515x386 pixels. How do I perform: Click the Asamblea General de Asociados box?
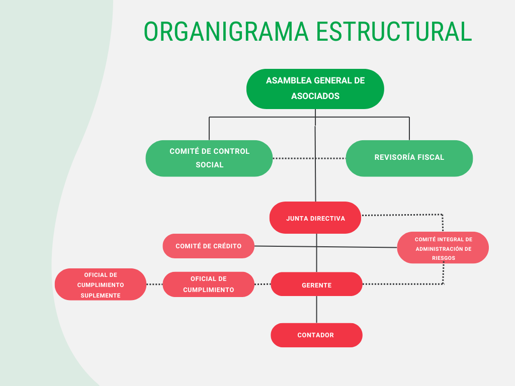point(315,89)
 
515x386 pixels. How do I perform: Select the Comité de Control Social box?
point(209,158)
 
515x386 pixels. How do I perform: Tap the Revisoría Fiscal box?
point(409,158)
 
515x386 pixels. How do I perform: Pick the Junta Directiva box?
point(315,218)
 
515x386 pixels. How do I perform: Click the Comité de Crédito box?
point(209,246)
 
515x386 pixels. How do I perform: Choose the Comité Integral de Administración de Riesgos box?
point(443,247)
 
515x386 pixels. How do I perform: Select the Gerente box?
point(317,284)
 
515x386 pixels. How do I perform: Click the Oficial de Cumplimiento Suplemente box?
point(101,284)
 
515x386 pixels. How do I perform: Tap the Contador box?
point(317,335)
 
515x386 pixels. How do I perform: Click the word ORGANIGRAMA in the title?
point(226,32)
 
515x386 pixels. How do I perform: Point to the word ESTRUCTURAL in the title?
point(394,32)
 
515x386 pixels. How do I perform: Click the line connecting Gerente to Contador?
point(317,310)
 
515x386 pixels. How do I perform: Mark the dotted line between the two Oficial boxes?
point(154,284)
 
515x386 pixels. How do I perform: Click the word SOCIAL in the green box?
point(210,165)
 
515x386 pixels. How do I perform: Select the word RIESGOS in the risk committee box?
point(444,258)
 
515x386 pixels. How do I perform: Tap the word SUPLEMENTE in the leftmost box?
point(101,296)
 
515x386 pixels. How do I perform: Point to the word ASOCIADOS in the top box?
point(315,96)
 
